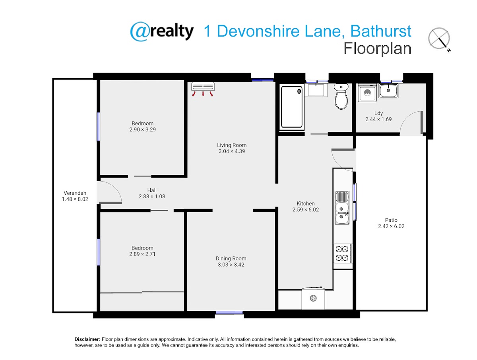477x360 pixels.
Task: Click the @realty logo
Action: click(x=161, y=31)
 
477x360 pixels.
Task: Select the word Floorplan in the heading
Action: click(x=377, y=49)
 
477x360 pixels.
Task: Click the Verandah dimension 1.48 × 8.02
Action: click(x=75, y=199)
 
